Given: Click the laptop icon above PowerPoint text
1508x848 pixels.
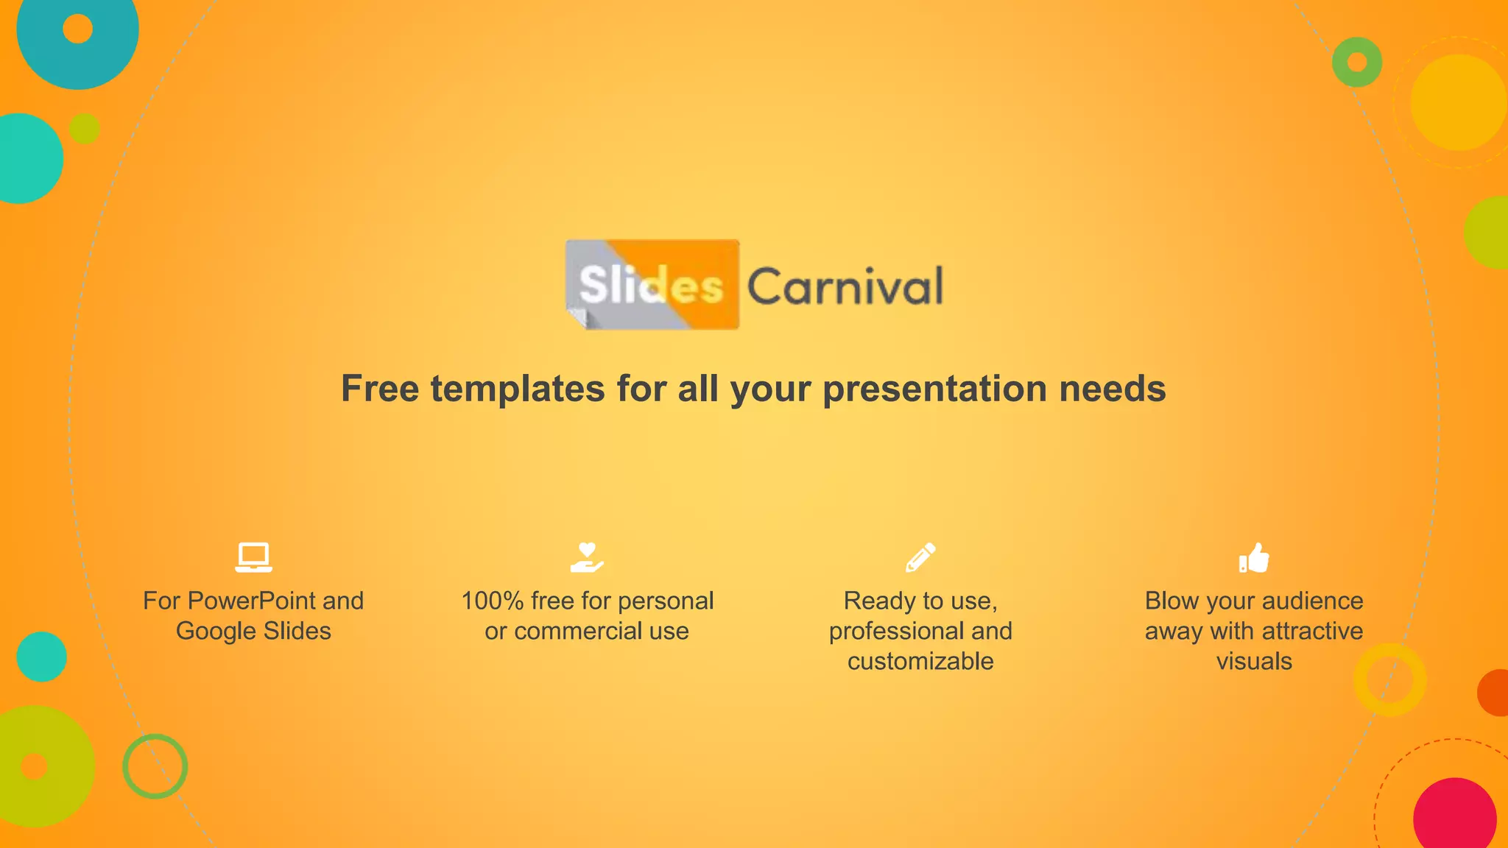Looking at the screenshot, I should (x=253, y=557).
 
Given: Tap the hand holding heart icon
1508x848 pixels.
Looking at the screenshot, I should (x=587, y=557).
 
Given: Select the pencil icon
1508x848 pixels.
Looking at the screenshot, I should (x=920, y=557).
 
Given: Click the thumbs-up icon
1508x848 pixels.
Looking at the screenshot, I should (x=1254, y=557).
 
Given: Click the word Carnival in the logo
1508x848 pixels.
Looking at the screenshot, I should (x=845, y=286).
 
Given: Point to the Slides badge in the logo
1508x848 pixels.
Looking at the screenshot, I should (x=652, y=284).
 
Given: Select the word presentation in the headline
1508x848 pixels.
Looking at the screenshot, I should (x=934, y=389).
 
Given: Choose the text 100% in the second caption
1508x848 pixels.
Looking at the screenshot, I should (x=492, y=601).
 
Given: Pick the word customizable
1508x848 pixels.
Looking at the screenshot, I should (x=920, y=661).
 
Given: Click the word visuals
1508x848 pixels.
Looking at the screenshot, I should (x=1254, y=661).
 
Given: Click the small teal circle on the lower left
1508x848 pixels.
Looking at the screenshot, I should (x=41, y=657).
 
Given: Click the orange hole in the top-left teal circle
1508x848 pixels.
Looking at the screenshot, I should (x=77, y=29).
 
